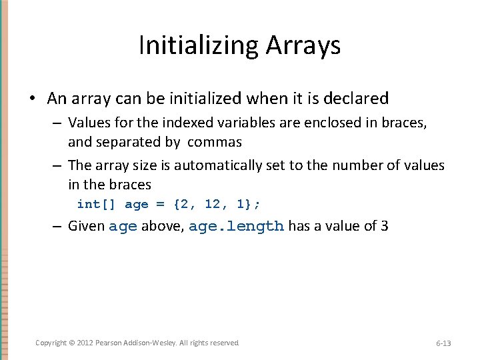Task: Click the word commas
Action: (x=215, y=142)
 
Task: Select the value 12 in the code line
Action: (x=212, y=204)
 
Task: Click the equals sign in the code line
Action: (x=160, y=204)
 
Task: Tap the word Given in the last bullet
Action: (x=87, y=226)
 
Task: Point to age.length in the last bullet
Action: (x=236, y=226)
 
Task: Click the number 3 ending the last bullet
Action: (x=385, y=226)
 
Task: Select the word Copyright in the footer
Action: (x=51, y=343)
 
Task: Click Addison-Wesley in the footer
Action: (x=150, y=343)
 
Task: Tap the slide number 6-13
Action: (x=443, y=343)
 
